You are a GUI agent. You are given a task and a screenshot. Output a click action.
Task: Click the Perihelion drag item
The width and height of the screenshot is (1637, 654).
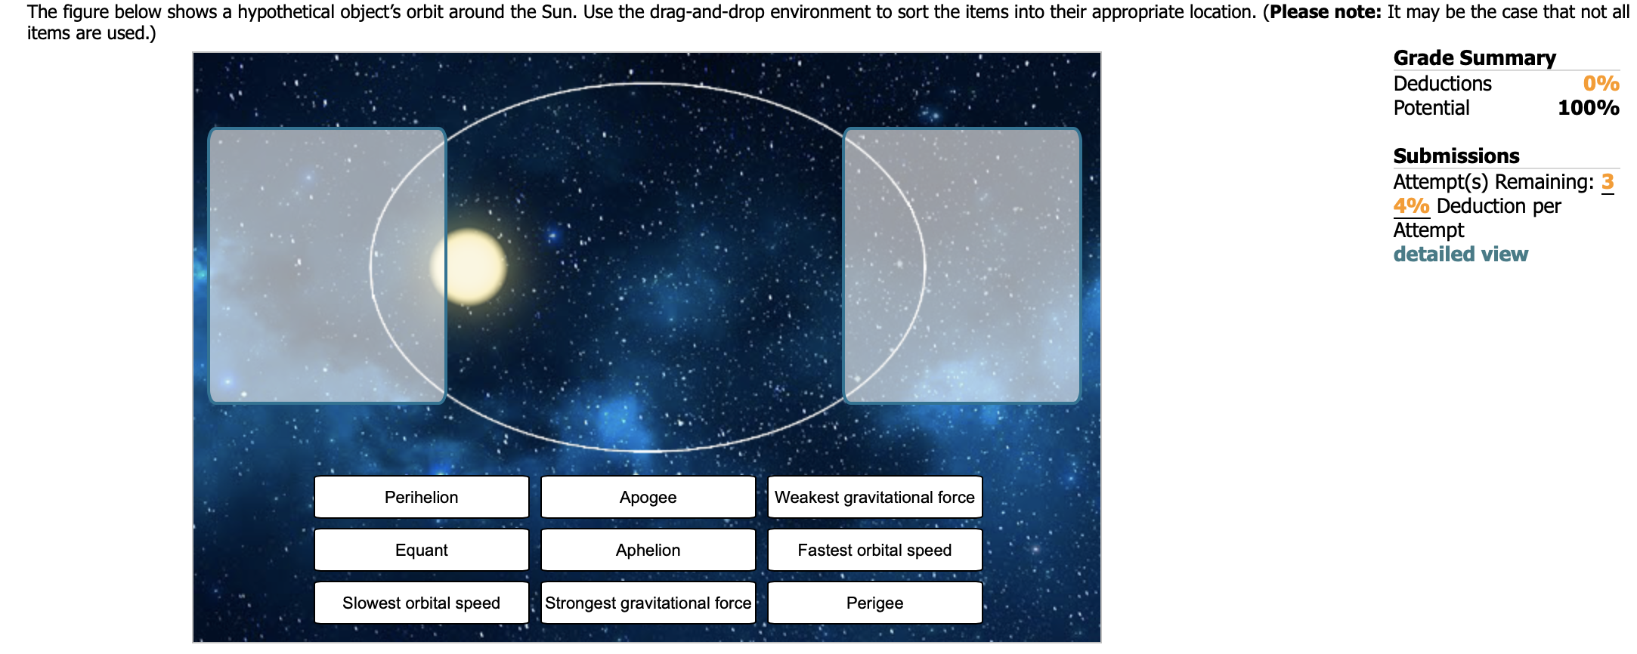point(421,497)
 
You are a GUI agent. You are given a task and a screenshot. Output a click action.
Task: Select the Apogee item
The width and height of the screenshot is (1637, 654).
point(648,497)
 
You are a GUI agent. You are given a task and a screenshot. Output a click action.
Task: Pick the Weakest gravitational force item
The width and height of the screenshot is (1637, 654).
point(874,497)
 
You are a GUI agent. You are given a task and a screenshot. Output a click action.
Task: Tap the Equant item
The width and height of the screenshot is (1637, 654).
point(421,550)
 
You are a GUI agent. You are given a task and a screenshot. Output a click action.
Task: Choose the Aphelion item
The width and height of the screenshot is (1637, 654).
point(648,550)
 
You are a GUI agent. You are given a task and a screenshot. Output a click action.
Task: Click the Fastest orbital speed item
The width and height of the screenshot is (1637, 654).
point(874,550)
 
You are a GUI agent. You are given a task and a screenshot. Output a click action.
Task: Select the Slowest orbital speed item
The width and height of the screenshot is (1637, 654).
point(421,603)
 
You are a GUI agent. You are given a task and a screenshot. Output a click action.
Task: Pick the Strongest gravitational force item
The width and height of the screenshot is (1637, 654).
point(648,603)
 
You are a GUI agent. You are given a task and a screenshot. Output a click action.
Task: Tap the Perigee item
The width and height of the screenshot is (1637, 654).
point(874,603)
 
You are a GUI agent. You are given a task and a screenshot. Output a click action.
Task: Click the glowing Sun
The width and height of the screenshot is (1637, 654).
point(469,267)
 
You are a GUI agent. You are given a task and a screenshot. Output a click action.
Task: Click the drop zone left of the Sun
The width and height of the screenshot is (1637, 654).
point(326,265)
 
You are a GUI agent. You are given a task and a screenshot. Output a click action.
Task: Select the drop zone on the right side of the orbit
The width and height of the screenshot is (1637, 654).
point(961,265)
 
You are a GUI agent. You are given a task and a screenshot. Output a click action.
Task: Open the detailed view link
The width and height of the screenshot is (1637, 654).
point(1460,255)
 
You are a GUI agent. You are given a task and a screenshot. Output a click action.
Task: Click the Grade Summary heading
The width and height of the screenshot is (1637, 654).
point(1474,58)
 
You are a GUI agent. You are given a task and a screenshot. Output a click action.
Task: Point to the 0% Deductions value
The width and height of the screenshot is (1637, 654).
point(1601,84)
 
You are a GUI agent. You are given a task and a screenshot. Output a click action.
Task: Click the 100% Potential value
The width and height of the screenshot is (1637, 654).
point(1588,108)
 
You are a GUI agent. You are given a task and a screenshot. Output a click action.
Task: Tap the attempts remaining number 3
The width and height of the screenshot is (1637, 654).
point(1607,182)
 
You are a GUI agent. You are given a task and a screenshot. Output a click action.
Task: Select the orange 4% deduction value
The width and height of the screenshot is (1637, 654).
point(1411,206)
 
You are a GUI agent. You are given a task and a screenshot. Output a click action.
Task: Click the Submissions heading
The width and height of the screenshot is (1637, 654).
point(1456,156)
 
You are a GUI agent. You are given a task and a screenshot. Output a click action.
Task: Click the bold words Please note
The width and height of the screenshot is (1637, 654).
point(1325,12)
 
